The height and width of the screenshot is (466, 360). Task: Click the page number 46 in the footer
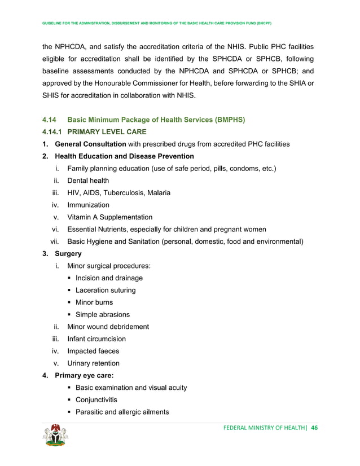314,427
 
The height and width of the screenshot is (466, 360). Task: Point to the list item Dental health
88,181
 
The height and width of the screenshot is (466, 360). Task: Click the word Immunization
88,205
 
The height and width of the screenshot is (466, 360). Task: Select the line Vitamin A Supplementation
109,217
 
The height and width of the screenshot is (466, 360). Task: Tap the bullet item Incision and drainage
109,278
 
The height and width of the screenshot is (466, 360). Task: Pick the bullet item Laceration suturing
106,290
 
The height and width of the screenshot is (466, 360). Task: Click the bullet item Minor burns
94,302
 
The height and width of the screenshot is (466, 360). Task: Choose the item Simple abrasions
102,315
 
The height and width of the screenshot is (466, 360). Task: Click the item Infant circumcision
96,339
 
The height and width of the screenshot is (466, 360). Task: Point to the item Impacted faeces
93,351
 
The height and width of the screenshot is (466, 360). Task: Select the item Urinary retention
93,363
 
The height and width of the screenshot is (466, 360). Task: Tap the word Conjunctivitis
96,400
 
